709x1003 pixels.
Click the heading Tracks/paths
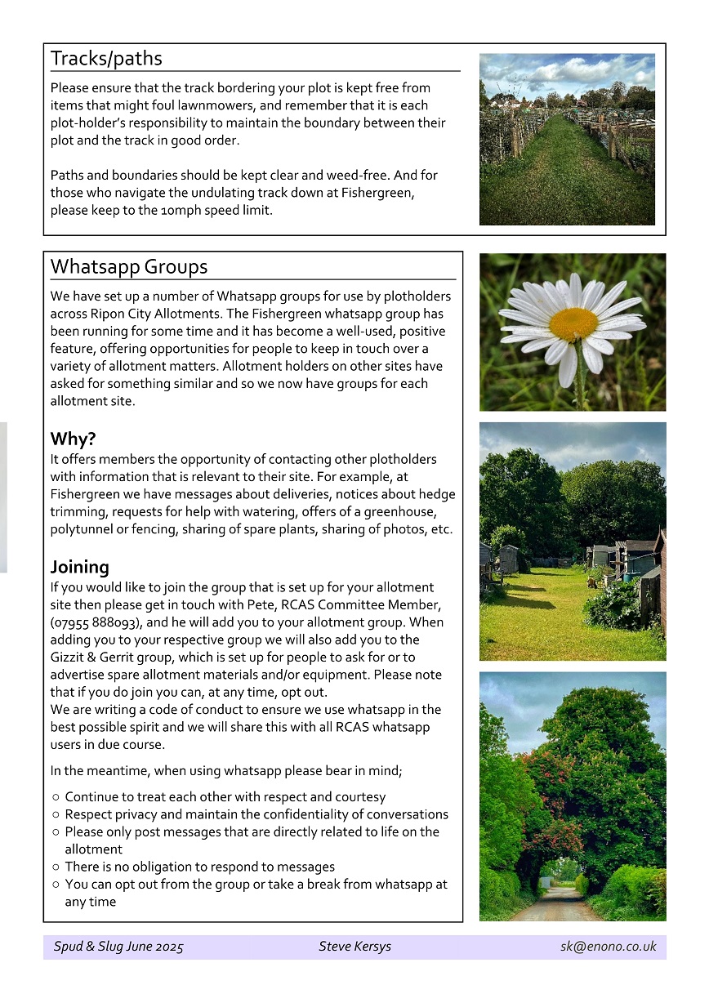click(106, 59)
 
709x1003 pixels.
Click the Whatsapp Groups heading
click(129, 267)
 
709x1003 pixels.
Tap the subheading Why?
click(73, 439)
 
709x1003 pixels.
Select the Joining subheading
click(79, 567)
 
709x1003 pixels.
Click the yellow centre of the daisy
click(573, 324)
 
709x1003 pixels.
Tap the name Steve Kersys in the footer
click(354, 947)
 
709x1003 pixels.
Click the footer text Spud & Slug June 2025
click(118, 947)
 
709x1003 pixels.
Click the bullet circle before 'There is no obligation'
click(55, 867)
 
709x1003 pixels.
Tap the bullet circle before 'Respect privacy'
click(55, 814)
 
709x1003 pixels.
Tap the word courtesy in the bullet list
click(357, 797)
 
